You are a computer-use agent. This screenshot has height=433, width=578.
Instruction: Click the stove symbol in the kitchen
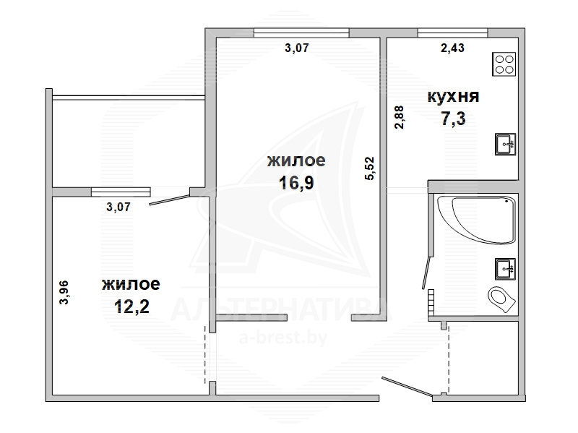(504, 64)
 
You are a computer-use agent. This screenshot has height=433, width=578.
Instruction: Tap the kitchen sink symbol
(505, 144)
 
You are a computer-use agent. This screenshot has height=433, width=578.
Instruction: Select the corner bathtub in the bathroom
(476, 220)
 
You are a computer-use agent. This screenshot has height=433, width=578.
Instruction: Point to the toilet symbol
(501, 299)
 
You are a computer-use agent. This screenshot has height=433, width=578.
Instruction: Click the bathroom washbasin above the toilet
(505, 269)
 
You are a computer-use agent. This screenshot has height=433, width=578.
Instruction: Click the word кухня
(454, 97)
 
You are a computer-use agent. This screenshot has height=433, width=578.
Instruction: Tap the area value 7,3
(454, 119)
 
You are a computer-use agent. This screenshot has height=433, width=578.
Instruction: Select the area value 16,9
(296, 182)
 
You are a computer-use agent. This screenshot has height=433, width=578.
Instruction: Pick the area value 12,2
(131, 306)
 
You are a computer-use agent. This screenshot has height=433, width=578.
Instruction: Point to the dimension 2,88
(400, 117)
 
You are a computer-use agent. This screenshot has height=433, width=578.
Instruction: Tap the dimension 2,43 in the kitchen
(453, 48)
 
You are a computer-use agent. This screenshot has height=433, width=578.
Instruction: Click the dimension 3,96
(64, 293)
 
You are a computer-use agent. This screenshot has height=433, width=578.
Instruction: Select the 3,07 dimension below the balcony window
(118, 207)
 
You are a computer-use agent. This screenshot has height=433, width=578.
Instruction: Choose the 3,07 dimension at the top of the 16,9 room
(297, 48)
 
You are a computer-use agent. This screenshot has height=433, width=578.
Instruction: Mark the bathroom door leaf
(426, 273)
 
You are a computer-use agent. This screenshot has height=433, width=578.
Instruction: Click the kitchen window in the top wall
(453, 33)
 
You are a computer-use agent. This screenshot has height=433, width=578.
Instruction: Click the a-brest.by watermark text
(283, 338)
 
